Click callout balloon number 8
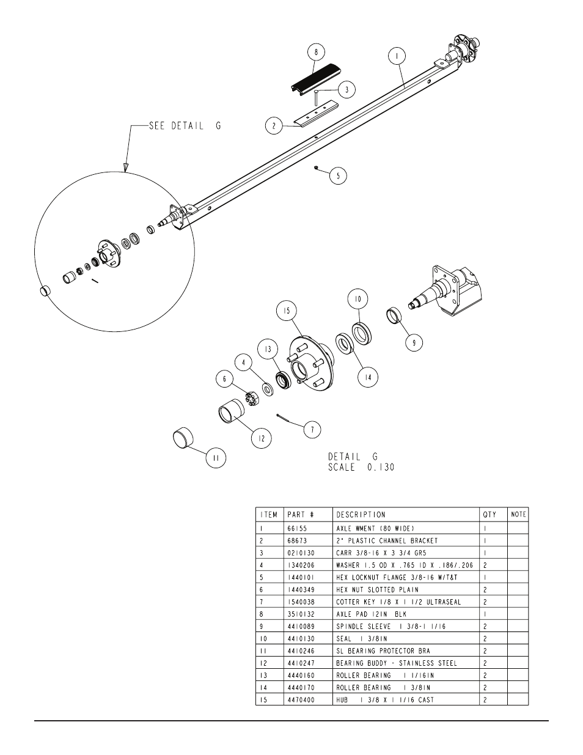pyautogui.click(x=316, y=53)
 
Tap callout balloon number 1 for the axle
pyautogui.click(x=397, y=56)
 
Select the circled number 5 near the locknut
pyautogui.click(x=338, y=176)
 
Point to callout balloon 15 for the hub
pyautogui.click(x=287, y=311)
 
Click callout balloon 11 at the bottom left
pyautogui.click(x=216, y=459)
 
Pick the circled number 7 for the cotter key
pyautogui.click(x=312, y=430)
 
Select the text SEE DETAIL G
pyautogui.click(x=185, y=126)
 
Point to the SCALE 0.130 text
pyautogui.click(x=361, y=467)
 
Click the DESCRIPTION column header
pyautogui.click(x=361, y=515)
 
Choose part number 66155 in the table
pyautogui.click(x=297, y=528)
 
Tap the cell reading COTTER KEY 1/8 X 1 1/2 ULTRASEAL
pyautogui.click(x=398, y=602)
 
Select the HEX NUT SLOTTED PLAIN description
pyautogui.click(x=377, y=590)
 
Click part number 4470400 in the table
pyautogui.click(x=301, y=700)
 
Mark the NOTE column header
pyautogui.click(x=518, y=515)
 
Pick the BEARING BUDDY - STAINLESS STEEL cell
pyautogui.click(x=397, y=663)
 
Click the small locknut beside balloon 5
pyautogui.click(x=316, y=168)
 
